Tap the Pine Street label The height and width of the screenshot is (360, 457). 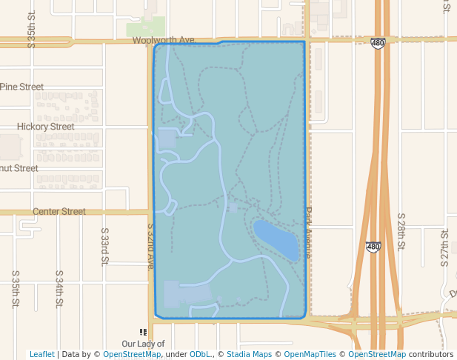(x=21, y=87)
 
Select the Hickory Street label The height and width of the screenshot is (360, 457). (x=45, y=127)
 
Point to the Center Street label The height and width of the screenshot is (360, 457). (x=59, y=211)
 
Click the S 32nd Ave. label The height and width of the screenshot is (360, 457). (x=150, y=247)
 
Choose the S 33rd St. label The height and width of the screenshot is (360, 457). (x=104, y=245)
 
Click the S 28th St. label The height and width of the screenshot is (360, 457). (x=401, y=230)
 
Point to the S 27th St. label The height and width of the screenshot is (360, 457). (x=445, y=247)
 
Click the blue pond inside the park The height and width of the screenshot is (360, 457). (x=276, y=239)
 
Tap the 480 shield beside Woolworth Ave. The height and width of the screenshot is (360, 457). (x=378, y=43)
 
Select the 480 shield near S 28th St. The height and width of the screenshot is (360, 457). (x=373, y=246)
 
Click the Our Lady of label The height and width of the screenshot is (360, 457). (x=143, y=344)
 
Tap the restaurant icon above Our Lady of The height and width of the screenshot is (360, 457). (x=143, y=333)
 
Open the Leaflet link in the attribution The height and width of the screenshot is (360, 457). (x=41, y=354)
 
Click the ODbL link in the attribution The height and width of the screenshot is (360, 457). (x=198, y=354)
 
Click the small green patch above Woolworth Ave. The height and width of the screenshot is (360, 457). (x=145, y=29)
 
